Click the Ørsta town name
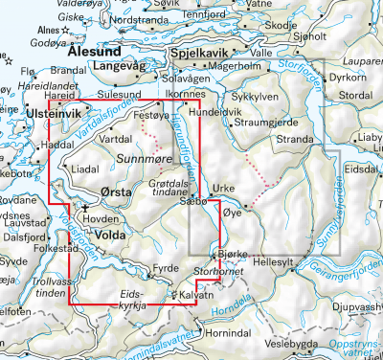(x=116, y=191)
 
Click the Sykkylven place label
(x=254, y=97)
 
